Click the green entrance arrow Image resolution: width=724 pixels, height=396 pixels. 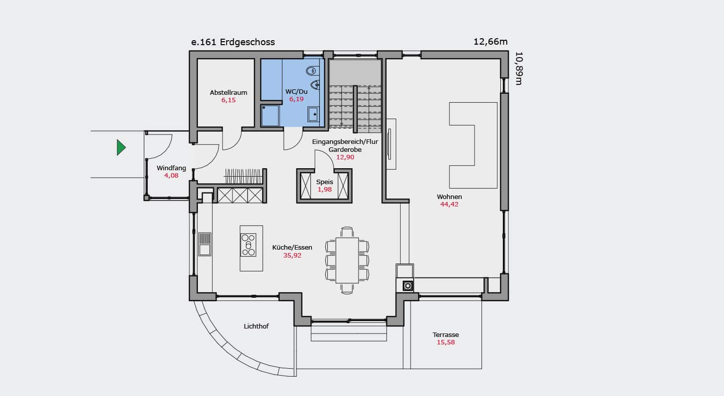(121, 147)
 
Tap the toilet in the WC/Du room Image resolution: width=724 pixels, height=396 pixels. (311, 70)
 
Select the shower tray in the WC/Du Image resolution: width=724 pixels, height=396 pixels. (270, 116)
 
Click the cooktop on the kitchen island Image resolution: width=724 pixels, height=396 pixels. (248, 245)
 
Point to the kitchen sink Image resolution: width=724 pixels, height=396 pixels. (205, 244)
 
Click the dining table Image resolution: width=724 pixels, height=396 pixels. (347, 261)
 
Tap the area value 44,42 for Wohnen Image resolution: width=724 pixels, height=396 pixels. (449, 204)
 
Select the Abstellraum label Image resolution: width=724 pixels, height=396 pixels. (229, 92)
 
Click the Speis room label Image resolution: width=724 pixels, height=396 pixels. (324, 182)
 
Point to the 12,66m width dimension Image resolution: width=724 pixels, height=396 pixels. (490, 42)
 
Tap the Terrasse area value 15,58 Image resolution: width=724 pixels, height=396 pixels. (446, 342)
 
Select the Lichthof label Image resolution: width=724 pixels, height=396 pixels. (256, 326)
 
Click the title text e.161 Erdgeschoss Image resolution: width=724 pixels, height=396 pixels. (233, 42)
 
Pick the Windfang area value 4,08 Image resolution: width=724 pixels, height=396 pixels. (171, 176)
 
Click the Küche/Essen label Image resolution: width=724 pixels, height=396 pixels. (292, 248)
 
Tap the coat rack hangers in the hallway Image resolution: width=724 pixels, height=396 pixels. (243, 176)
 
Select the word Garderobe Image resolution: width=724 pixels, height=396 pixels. (345, 149)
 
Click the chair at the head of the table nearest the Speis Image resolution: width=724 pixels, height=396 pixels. (347, 232)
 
